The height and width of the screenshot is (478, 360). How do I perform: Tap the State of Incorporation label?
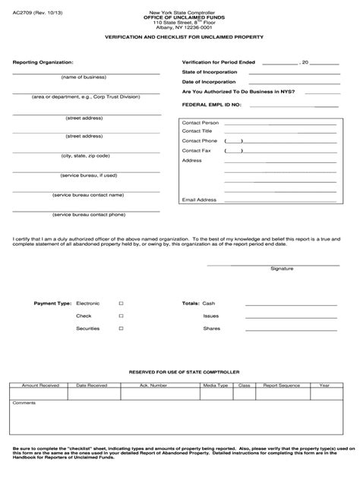210,71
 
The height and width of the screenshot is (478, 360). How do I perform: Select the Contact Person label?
201,121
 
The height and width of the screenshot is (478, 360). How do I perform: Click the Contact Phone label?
200,141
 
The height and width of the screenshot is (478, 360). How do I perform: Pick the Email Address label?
199,200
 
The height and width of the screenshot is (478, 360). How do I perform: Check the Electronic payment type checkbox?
121,303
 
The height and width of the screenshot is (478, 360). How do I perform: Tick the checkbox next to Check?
121,316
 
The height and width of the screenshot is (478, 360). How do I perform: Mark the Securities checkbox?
121,329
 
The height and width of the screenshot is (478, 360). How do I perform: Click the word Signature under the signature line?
283,268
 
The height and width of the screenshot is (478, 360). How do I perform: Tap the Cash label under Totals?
209,303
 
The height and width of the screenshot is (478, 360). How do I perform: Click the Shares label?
211,329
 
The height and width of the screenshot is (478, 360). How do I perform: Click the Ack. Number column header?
153,385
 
